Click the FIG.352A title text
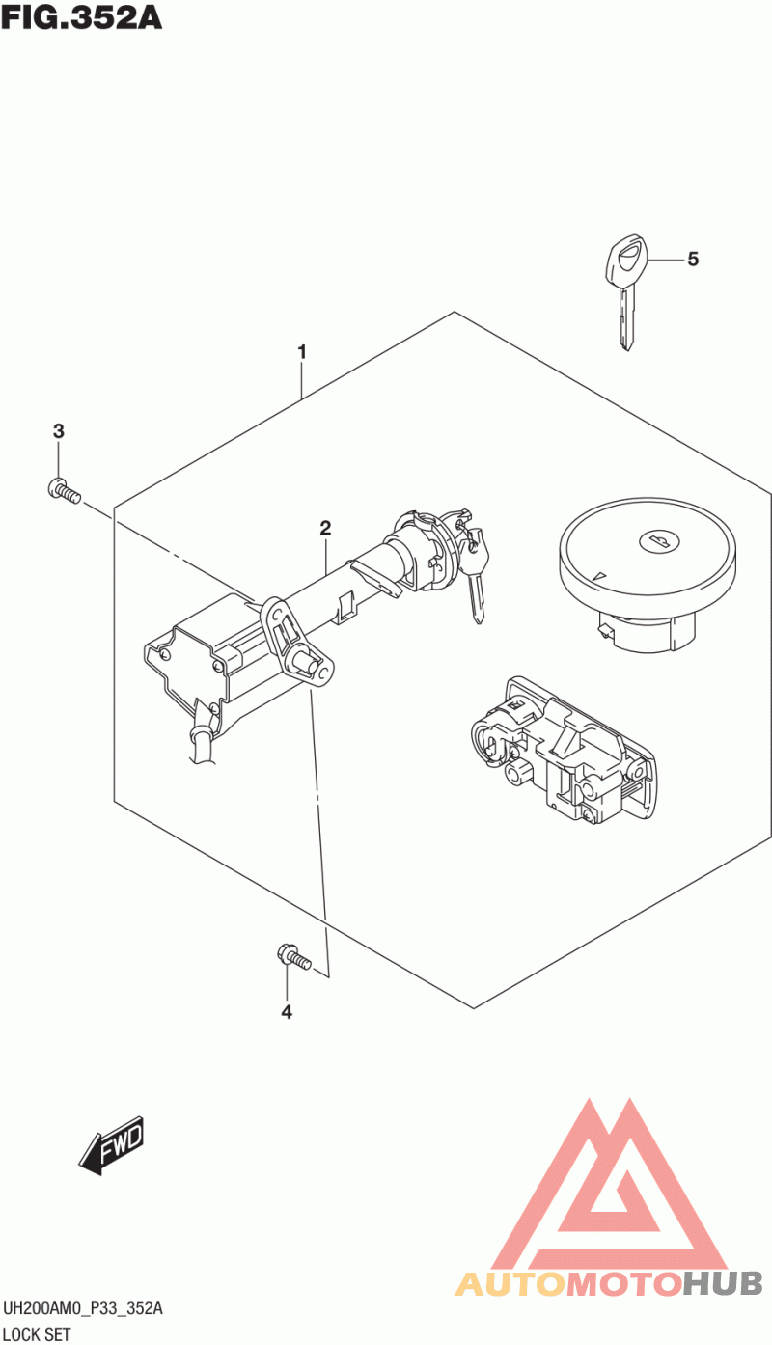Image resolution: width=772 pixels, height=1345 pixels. tap(81, 19)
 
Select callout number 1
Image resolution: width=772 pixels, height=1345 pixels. tap(302, 352)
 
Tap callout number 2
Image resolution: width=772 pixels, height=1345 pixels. tap(326, 527)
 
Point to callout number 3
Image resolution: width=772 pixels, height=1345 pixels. tap(58, 430)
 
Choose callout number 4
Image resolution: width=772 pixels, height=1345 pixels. tap(287, 1011)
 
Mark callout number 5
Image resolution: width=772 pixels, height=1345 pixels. tap(693, 259)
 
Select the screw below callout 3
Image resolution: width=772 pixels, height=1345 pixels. tap(62, 491)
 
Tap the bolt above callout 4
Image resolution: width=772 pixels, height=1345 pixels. tap(292, 957)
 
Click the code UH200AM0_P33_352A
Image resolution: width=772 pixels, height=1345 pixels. tap(83, 1308)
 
